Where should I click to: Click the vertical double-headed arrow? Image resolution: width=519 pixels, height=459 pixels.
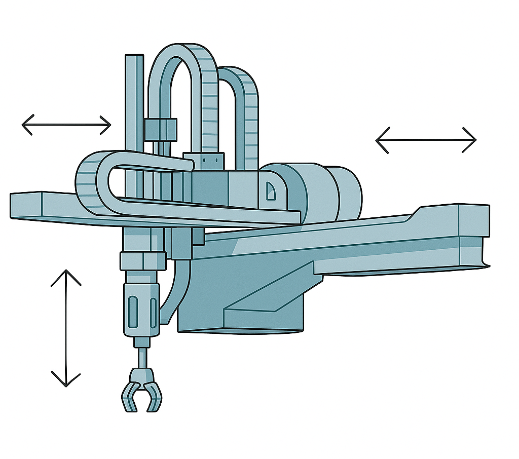(66, 328)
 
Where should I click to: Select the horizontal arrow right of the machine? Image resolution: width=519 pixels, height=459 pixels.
(426, 139)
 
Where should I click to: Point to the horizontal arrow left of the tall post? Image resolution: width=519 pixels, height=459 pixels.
(66, 124)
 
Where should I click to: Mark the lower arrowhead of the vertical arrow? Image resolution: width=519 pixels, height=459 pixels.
(66, 380)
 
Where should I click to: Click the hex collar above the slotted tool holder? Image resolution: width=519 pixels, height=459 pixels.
(142, 261)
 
